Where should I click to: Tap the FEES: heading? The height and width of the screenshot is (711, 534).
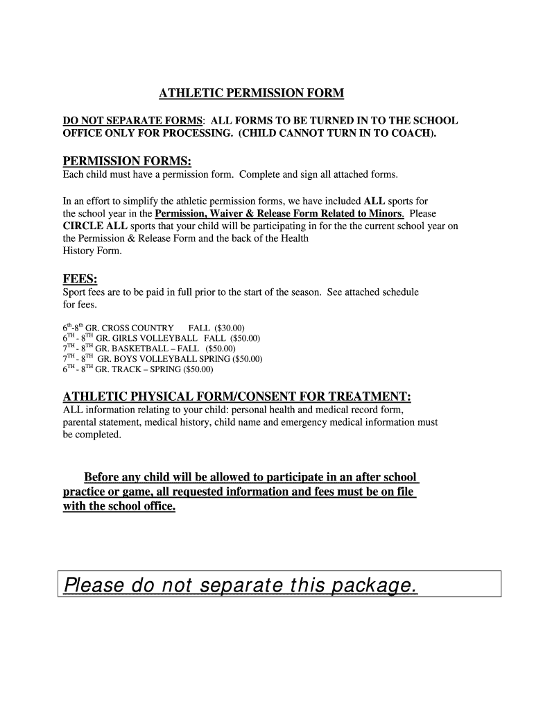click(x=80, y=280)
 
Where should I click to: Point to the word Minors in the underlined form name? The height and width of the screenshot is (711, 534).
click(x=386, y=214)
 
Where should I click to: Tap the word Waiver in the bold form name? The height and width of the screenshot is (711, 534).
click(x=228, y=214)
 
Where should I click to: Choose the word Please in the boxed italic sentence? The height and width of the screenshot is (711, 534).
click(x=92, y=587)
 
